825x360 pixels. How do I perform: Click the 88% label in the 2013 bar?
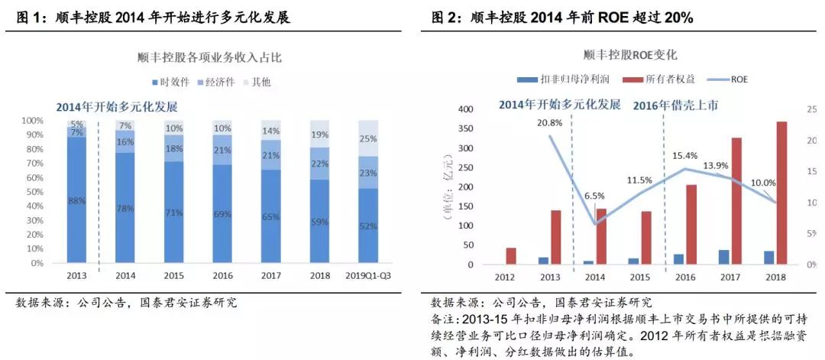[x=76, y=201]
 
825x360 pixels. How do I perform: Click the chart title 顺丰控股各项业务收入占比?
[x=209, y=57]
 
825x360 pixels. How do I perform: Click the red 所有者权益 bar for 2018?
[x=781, y=193]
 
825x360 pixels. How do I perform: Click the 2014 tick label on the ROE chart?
[x=596, y=276]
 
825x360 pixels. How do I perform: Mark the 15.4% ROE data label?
[x=687, y=156]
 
